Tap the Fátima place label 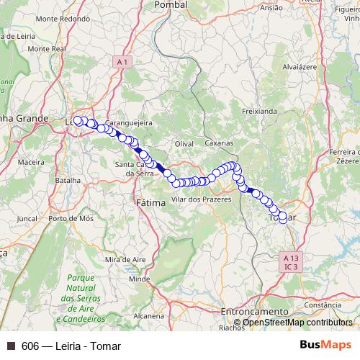tap(150, 204)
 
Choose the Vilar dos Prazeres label tap(201, 198)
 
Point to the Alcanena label tap(148, 315)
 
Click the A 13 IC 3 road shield tap(291, 261)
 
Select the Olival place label tap(185, 144)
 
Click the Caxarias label tap(219, 143)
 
